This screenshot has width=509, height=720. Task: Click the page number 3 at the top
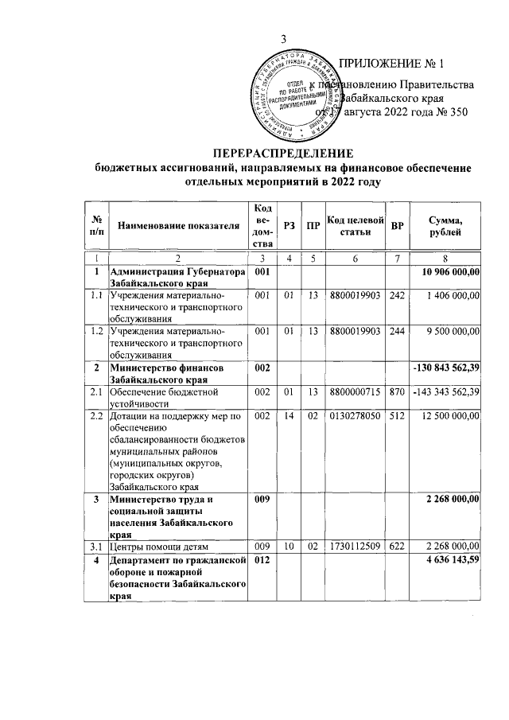pyautogui.click(x=282, y=41)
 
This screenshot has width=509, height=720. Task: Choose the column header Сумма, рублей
pyautogui.click(x=448, y=225)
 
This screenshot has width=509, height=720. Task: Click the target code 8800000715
pyautogui.click(x=355, y=391)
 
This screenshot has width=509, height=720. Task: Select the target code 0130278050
pyautogui.click(x=355, y=415)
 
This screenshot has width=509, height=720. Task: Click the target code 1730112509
pyautogui.click(x=355, y=547)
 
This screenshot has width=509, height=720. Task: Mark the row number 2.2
pyautogui.click(x=95, y=415)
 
